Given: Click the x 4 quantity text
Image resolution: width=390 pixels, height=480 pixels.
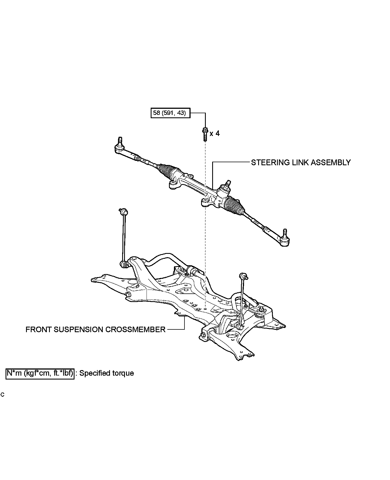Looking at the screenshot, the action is tap(215, 133).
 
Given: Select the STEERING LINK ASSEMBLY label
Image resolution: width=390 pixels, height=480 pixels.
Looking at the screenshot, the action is tap(301, 162).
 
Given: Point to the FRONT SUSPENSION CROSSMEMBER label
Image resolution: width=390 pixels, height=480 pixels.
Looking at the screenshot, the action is tap(95, 329).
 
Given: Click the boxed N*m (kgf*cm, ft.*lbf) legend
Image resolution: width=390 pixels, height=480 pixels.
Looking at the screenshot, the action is tap(40, 373).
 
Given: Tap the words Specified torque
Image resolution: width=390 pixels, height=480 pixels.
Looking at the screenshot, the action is tap(107, 373).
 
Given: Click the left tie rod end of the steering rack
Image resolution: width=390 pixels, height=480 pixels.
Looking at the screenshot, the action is tap(120, 147).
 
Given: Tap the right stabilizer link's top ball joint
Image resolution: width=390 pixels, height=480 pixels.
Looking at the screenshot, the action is tap(243, 276).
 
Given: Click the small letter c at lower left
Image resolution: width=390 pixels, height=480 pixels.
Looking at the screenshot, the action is tap(2, 395).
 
